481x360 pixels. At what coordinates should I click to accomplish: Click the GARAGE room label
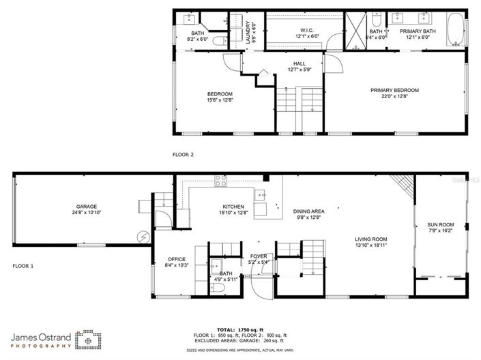tap(86, 207)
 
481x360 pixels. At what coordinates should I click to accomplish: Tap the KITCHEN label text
tap(233, 207)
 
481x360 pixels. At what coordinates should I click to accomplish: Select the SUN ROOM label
tap(440, 224)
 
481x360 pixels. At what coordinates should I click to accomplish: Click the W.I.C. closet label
tap(306, 30)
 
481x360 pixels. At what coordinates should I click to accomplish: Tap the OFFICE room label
tap(177, 259)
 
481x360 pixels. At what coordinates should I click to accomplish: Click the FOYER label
tap(258, 256)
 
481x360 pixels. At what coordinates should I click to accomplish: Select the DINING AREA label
tap(308, 211)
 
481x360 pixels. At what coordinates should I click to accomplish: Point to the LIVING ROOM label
tap(371, 239)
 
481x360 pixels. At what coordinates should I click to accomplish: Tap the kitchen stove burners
tap(222, 181)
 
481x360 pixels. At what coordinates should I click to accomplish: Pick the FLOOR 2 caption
tap(183, 155)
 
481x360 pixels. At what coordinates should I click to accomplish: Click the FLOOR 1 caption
tap(23, 265)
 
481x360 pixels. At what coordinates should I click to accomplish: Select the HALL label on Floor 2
tap(299, 63)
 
